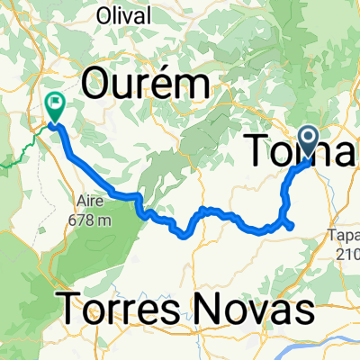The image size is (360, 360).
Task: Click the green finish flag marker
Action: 54,108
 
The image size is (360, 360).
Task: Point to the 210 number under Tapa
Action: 346,253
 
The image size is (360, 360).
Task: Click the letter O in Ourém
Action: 98,85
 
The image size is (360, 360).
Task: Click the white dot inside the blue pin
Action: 310,139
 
